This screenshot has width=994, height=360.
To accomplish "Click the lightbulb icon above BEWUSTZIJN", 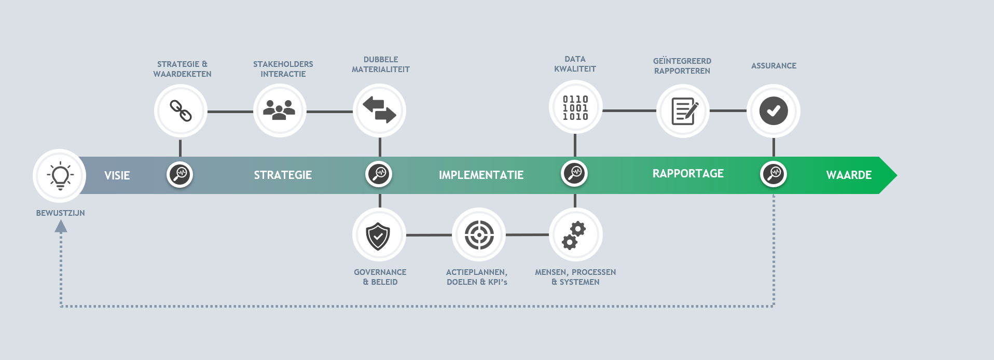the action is [x=60, y=175].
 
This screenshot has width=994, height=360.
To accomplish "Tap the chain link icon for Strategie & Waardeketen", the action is [x=181, y=110].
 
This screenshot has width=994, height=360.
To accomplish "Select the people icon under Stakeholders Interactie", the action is [x=279, y=110].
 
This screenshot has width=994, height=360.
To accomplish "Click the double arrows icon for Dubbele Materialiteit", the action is [x=379, y=110].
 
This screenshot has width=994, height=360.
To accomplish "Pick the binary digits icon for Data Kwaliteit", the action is [x=575, y=108].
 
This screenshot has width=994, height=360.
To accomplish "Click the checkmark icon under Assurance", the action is [x=774, y=110].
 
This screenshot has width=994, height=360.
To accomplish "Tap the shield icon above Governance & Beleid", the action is [x=378, y=236].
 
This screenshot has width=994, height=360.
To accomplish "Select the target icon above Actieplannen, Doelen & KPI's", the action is [x=479, y=235].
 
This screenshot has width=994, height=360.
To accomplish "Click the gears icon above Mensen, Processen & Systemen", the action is [x=574, y=236].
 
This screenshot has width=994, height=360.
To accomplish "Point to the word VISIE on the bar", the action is [x=117, y=175].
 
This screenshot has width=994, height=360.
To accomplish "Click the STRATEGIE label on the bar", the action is [x=283, y=175].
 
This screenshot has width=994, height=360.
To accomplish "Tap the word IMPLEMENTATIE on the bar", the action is [x=481, y=175].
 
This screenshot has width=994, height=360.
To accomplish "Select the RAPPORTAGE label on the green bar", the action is [x=688, y=174].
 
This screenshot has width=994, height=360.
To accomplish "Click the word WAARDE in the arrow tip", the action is [x=849, y=175].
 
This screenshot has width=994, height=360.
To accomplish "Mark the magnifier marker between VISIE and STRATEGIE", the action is [x=180, y=174].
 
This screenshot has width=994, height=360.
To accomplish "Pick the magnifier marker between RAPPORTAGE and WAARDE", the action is [x=774, y=174].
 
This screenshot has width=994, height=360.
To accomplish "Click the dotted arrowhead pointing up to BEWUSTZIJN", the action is [x=61, y=226].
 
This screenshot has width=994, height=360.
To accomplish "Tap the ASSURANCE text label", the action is [x=774, y=66].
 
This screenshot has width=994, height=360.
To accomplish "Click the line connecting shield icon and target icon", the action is [x=429, y=235].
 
